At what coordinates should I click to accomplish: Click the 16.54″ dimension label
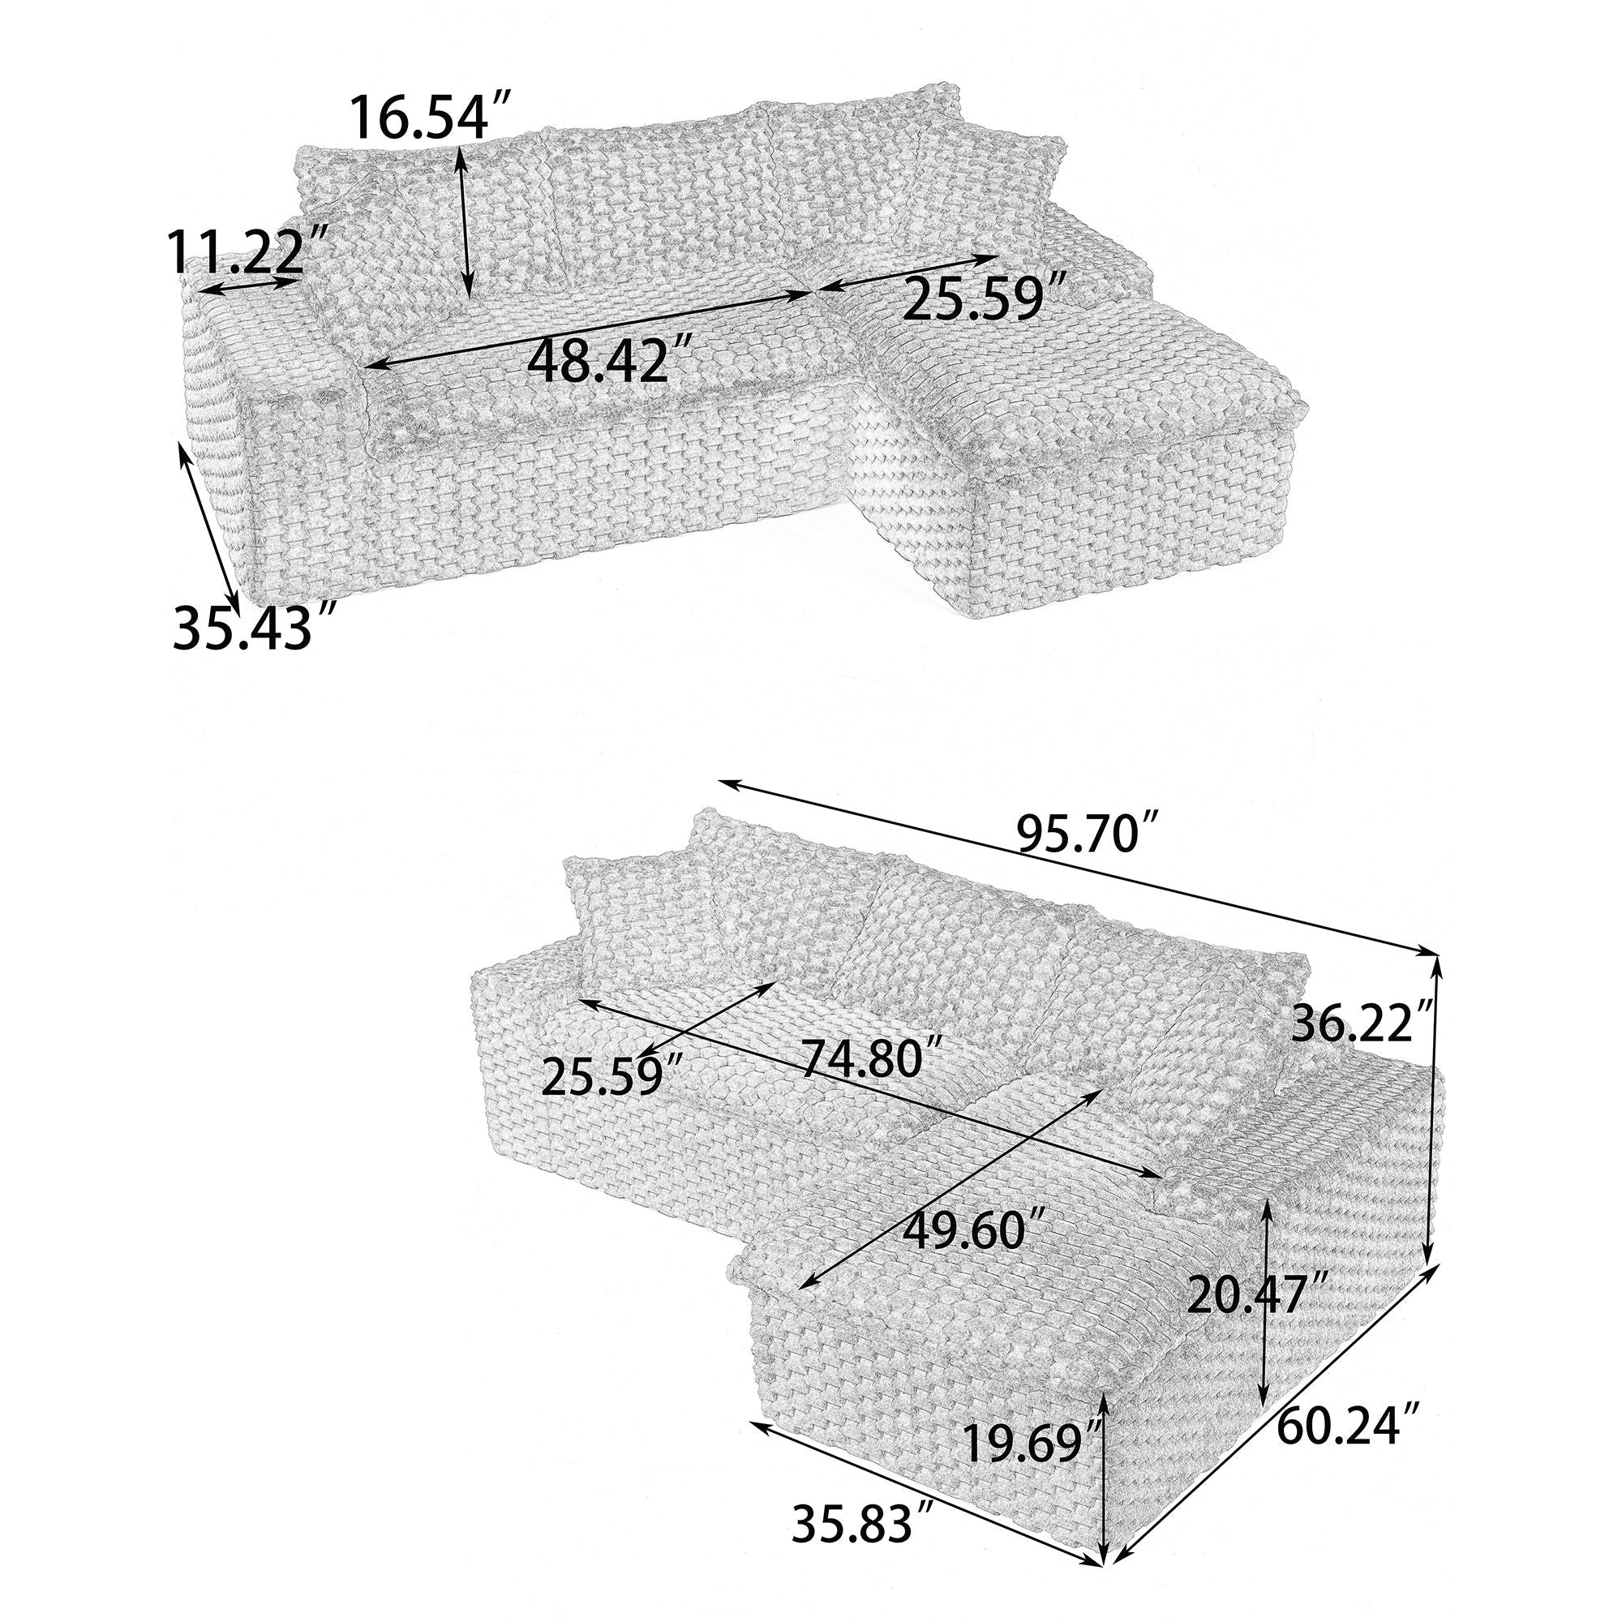(x=430, y=118)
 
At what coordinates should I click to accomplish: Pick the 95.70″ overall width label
(x=1089, y=834)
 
